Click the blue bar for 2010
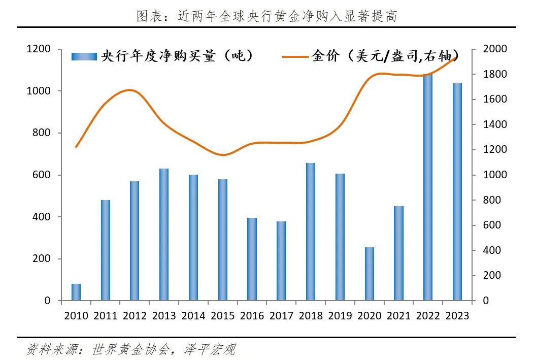tap(76, 292)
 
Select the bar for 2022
tap(428, 187)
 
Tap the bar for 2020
tap(370, 274)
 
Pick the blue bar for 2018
tap(311, 232)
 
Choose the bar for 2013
tap(164, 235)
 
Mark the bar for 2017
tap(281, 261)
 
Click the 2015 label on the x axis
tap(222, 316)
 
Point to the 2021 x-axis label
tap(398, 316)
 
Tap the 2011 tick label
tap(106, 316)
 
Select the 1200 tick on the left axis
tap(39, 49)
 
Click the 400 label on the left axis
tap(41, 217)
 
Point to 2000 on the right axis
tap(495, 49)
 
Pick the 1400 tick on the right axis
tap(495, 124)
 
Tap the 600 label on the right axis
tap(492, 225)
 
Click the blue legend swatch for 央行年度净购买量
tap(84, 56)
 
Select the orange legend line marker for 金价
tap(295, 57)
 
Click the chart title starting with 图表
tap(267, 16)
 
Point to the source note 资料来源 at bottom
tap(130, 349)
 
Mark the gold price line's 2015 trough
tap(223, 155)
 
